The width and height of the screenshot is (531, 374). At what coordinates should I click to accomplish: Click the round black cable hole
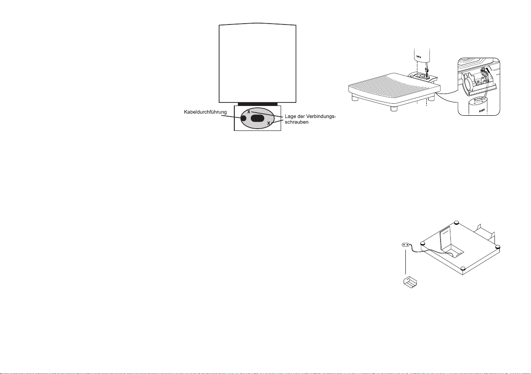point(243,119)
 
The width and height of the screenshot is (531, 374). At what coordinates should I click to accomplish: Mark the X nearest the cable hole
point(249,111)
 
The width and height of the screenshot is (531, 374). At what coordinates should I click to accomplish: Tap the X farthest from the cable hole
point(269,123)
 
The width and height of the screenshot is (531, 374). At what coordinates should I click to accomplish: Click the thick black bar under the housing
point(257,104)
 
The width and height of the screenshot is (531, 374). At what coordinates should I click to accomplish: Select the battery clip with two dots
point(406,245)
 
